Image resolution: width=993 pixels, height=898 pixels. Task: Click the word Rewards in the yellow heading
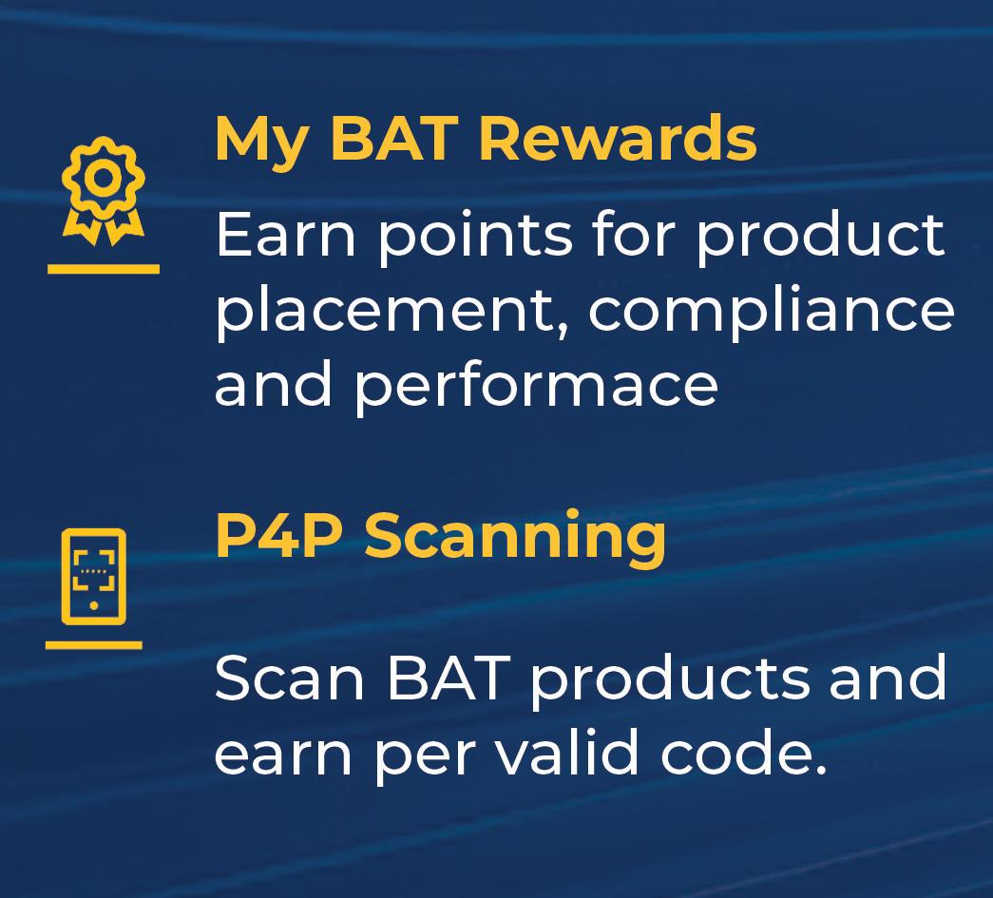point(618,138)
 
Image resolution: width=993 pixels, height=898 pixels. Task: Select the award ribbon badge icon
point(104,191)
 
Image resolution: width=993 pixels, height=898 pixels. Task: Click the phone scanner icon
point(94,576)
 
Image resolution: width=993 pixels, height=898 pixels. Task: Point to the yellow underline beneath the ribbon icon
point(104,269)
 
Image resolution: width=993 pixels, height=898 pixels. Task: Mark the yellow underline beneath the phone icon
point(94,644)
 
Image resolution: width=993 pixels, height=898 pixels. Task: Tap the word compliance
point(772,312)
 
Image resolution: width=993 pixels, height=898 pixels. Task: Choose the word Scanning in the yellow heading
point(515,539)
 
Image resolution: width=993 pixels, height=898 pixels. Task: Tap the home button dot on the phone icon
point(94,606)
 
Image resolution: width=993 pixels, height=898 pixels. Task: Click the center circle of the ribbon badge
point(104,178)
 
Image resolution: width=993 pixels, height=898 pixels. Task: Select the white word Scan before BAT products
point(290,678)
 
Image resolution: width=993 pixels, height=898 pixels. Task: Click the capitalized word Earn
point(286,235)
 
